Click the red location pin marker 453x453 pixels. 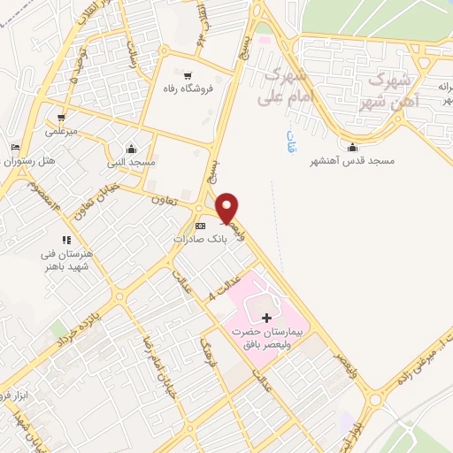click(x=227, y=207)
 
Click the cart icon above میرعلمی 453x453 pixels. click(x=60, y=118)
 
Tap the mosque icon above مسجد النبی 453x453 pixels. click(x=131, y=149)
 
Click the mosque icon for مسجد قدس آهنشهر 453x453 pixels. click(x=354, y=148)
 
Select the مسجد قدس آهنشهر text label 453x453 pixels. click(x=351, y=162)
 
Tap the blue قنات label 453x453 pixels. click(x=291, y=139)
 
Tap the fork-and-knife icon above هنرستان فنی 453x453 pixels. click(x=65, y=239)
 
